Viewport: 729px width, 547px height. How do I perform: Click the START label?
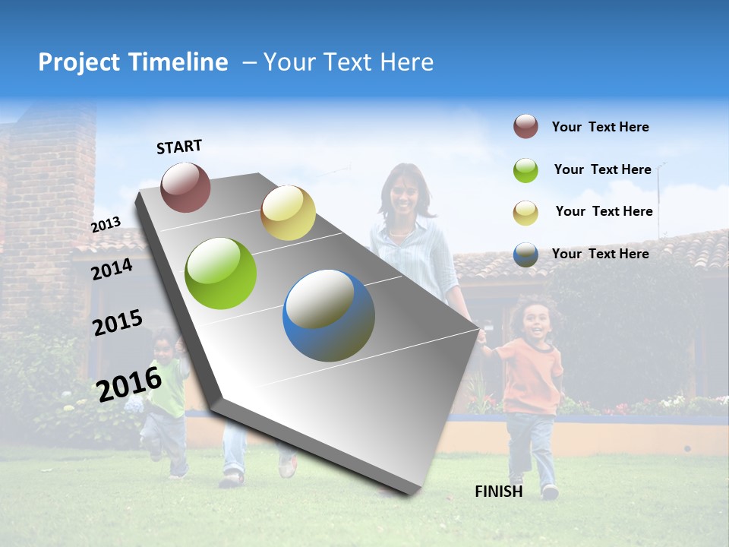179,147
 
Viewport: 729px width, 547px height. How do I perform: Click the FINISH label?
498,492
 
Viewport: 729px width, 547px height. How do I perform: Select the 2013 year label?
106,224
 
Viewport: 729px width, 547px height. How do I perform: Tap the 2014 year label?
112,269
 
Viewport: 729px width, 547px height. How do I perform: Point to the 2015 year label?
117,322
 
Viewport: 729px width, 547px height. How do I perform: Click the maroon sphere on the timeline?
185,187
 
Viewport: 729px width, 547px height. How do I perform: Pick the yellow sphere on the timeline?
288,213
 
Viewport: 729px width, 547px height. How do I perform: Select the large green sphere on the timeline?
221,273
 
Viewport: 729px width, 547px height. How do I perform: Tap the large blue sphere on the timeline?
329,315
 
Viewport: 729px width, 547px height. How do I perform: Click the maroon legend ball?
525,127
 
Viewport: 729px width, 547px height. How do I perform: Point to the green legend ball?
525,170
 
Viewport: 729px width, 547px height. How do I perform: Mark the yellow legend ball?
525,212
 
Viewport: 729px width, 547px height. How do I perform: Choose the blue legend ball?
525,255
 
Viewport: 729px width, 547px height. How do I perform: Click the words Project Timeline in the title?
133,62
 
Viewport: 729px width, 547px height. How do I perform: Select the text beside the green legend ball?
602,169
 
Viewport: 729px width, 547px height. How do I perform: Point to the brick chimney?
50,190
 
